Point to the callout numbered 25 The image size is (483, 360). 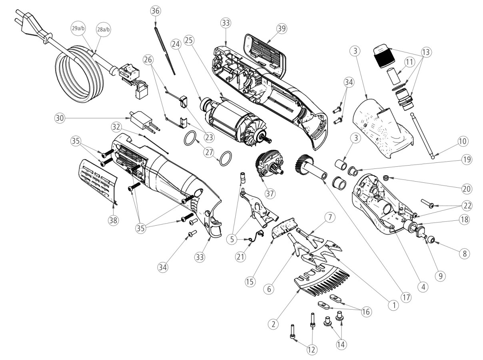189,40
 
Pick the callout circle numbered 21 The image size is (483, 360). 240,257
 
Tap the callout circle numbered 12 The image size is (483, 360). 311,349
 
